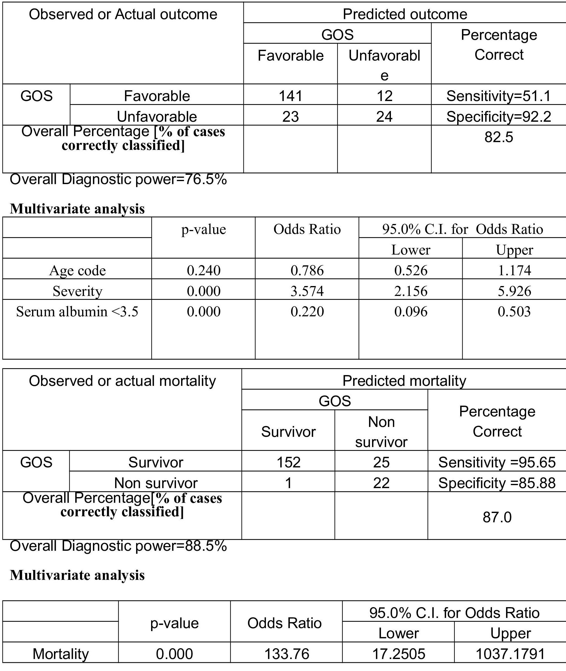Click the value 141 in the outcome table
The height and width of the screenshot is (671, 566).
click(x=290, y=96)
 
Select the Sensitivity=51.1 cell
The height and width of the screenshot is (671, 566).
click(x=499, y=96)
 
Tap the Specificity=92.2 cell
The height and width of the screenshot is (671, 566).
click(x=499, y=117)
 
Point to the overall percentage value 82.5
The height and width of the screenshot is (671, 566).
click(x=499, y=137)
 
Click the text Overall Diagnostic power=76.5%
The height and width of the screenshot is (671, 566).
click(x=118, y=179)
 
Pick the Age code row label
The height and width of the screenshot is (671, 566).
click(x=77, y=270)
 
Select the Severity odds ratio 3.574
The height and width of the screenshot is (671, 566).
click(x=307, y=291)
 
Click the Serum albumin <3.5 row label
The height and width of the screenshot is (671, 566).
click(x=77, y=312)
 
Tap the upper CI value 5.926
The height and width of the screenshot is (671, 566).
click(x=514, y=291)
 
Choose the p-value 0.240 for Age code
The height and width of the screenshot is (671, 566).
click(x=204, y=270)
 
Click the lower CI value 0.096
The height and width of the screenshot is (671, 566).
click(x=411, y=312)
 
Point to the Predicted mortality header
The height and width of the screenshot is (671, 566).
click(x=404, y=381)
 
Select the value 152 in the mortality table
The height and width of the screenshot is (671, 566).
click(x=288, y=462)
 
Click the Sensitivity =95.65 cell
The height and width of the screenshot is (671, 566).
click(x=497, y=462)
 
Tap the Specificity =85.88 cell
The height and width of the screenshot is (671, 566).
click(x=497, y=483)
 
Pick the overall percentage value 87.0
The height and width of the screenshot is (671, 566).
click(x=497, y=517)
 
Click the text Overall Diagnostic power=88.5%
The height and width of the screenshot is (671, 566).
click(x=118, y=546)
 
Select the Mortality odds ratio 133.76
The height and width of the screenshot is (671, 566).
click(x=287, y=654)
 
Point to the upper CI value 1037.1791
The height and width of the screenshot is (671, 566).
click(x=510, y=654)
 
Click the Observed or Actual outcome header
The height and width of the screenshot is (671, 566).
click(x=123, y=14)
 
